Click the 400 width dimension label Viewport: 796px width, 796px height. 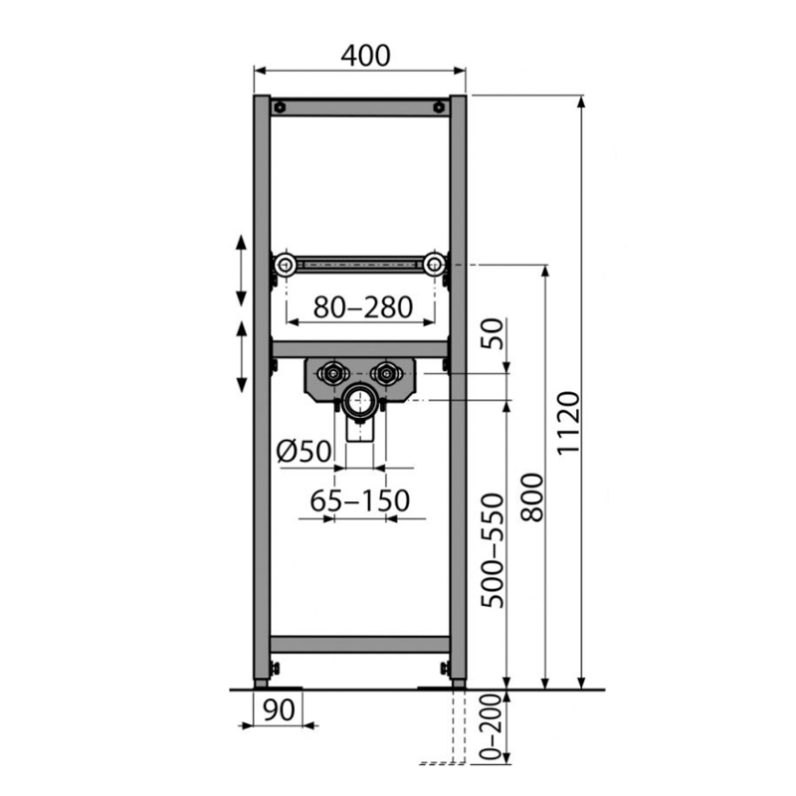(x=365, y=56)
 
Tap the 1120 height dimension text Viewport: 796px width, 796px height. (x=568, y=423)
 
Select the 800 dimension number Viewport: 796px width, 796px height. (x=532, y=497)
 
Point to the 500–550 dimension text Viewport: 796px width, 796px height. (x=493, y=551)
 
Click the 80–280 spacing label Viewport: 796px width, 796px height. (x=362, y=307)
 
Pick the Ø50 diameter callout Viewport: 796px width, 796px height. (x=303, y=451)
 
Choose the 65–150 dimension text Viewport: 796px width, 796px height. (x=360, y=500)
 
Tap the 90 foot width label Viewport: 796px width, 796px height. (x=280, y=709)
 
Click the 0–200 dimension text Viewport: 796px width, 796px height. (x=491, y=727)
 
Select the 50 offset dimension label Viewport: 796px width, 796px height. (x=493, y=333)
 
